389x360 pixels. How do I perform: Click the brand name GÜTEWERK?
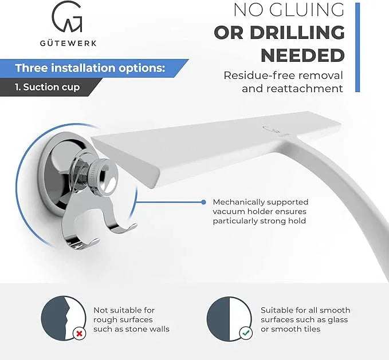[68, 43]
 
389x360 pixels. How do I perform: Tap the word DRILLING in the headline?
[297, 33]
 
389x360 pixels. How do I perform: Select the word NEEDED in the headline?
[302, 56]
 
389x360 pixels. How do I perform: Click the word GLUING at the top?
[307, 10]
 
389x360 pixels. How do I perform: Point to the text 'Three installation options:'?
[90, 68]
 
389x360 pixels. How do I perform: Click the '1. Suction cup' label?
[47, 87]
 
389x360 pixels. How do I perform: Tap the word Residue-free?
[255, 76]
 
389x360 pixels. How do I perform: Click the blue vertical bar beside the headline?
[357, 48]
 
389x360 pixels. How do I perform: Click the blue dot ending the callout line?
[203, 202]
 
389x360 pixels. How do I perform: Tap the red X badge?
[80, 334]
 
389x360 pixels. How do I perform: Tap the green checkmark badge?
[246, 333]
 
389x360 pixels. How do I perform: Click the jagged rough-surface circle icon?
[63, 318]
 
